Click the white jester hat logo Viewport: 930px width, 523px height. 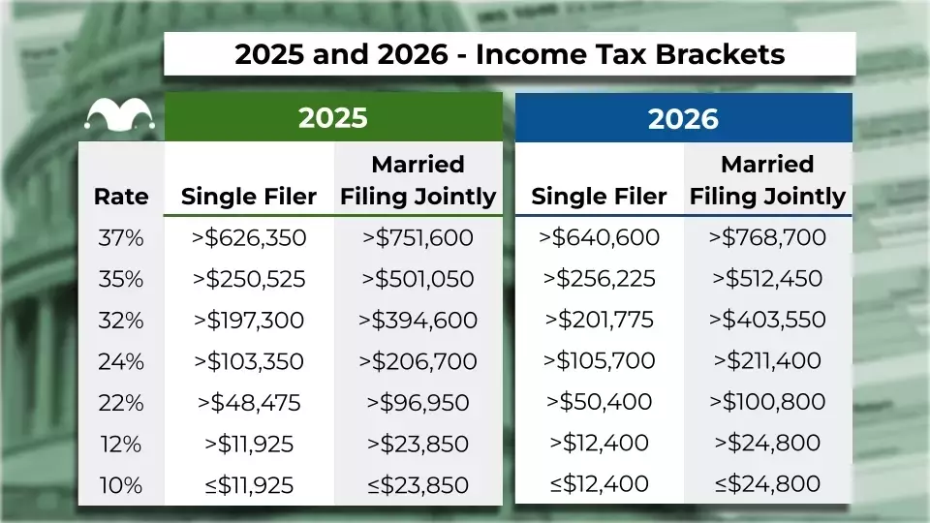pos(120,114)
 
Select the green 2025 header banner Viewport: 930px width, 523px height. pos(333,117)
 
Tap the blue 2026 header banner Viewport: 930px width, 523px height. pos(683,117)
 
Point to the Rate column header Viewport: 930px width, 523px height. pos(121,197)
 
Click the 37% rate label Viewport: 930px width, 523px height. pos(121,238)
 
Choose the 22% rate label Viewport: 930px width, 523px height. pos(121,403)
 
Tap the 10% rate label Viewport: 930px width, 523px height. pos(121,485)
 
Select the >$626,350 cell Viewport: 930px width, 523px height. pos(249,238)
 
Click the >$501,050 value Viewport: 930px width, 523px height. pos(418,279)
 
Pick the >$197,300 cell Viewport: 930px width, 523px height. pos(249,321)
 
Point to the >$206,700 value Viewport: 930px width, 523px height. pos(418,361)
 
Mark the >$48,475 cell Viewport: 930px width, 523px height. pos(249,403)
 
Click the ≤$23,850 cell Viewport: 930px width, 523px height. pos(418,485)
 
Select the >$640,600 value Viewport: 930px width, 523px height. pos(599,237)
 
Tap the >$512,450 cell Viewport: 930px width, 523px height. pos(767,278)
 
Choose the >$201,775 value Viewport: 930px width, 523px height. pos(599,320)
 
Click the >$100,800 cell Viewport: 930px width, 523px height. pos(767,401)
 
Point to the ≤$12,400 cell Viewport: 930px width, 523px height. pos(599,484)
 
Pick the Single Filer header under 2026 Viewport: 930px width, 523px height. pos(599,197)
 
